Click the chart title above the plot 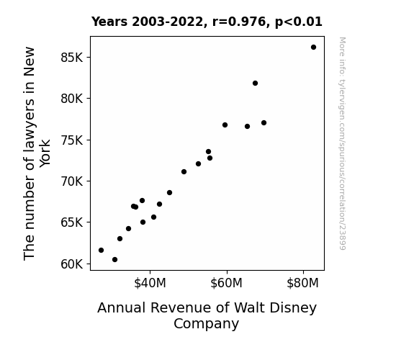207,22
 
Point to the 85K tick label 72,58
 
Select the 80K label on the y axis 72,99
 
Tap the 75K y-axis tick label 72,140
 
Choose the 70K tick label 72,181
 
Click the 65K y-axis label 72,222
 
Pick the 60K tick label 72,264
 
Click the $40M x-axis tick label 150,283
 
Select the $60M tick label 227,283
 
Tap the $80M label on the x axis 303,283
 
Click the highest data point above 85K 313,48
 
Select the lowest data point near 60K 115,260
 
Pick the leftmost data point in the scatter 101,250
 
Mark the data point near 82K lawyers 255,84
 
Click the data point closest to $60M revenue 225,125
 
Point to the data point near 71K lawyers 184,171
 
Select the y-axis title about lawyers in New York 37,153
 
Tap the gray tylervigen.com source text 343,143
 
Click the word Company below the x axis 206,323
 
